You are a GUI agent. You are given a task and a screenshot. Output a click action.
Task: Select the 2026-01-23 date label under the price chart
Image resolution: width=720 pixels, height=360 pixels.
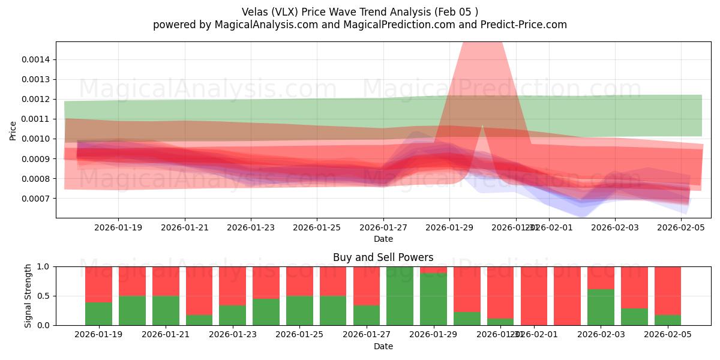coord(251,228)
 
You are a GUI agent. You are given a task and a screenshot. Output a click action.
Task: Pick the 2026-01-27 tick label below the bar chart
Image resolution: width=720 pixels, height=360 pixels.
coord(383,335)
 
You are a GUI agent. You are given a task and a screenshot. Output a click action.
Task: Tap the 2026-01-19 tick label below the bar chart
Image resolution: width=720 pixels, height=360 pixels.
coord(98,335)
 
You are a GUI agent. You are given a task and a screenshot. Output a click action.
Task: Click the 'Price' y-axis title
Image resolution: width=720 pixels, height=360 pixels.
coord(13,130)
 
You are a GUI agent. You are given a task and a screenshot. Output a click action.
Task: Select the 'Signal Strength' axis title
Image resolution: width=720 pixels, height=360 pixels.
coord(28,296)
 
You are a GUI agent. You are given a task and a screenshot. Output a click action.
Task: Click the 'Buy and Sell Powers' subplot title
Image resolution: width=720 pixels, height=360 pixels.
coord(383,257)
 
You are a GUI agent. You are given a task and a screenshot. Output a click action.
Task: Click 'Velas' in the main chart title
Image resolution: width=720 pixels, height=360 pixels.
coord(254,12)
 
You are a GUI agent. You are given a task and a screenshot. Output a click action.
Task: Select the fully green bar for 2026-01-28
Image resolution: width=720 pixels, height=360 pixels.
coord(400,296)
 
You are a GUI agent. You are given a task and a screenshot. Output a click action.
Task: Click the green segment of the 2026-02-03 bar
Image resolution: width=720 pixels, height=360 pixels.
coord(601,307)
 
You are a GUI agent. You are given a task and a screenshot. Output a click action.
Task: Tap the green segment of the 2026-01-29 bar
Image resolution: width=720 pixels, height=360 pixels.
coord(433,299)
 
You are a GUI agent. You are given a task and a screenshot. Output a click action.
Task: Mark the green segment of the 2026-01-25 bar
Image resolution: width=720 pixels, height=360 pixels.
coord(299,310)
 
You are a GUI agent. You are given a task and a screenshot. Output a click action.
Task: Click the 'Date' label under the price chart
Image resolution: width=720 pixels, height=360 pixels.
coord(383,239)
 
